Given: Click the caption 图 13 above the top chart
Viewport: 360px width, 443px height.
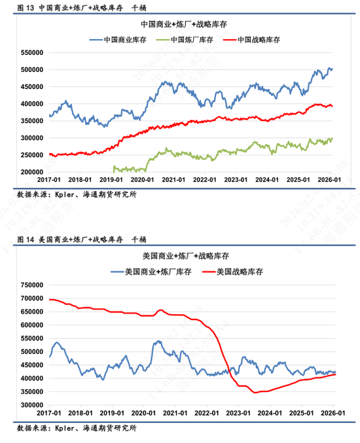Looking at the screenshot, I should [26, 8].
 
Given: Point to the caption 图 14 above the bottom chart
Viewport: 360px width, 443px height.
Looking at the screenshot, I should [26, 239].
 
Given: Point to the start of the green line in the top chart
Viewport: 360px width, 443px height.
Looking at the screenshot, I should [114, 167].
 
